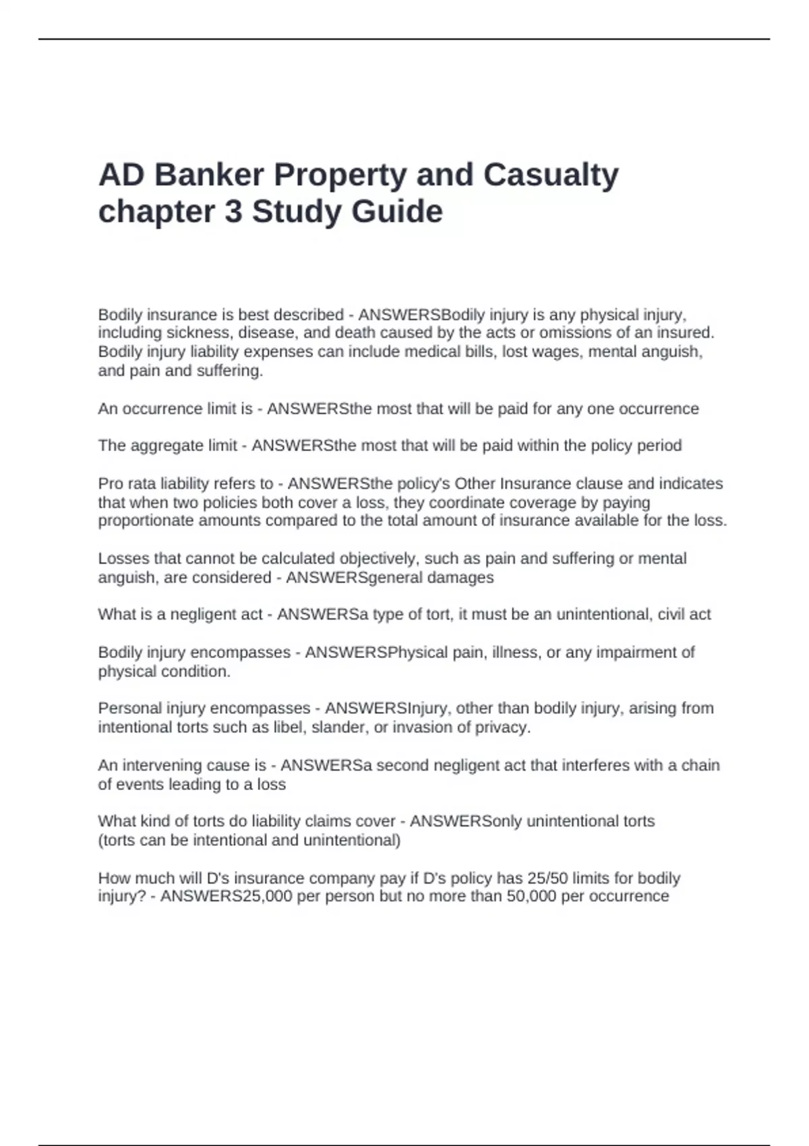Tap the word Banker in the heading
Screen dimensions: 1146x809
[210, 175]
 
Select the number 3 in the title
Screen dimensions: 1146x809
[233, 212]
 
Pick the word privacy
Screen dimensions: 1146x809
[503, 727]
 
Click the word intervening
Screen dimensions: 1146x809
[159, 766]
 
